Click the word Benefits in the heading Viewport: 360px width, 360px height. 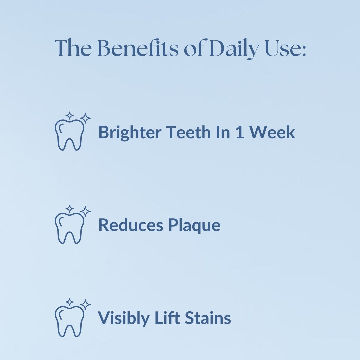138,48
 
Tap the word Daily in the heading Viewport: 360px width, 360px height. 235,49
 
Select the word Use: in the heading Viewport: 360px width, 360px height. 286,48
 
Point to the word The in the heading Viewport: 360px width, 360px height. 73,48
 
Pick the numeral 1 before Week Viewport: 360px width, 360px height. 240,132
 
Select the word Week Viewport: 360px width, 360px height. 272,132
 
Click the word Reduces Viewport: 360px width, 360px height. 131,225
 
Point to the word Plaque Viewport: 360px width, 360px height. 194,226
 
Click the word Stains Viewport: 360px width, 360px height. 208,318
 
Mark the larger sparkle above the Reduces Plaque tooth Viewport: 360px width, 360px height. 85,211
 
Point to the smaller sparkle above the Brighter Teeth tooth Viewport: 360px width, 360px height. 69,116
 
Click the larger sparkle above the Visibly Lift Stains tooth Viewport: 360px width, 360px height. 85,304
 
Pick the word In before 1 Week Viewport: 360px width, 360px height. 223,132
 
